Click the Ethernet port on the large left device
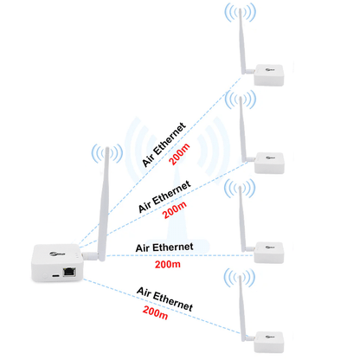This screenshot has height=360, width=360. pyautogui.click(x=71, y=271)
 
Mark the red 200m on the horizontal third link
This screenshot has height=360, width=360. pyautogui.click(x=165, y=264)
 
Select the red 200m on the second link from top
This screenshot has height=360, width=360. pyautogui.click(x=175, y=208)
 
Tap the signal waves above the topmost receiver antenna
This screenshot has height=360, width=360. pyautogui.click(x=241, y=12)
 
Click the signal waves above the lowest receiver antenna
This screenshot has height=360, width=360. pyautogui.click(x=241, y=277)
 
